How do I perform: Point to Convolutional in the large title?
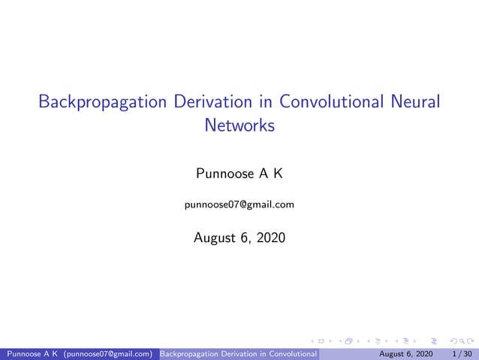point(330,101)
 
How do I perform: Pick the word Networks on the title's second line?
point(239,126)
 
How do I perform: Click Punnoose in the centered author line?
point(222,175)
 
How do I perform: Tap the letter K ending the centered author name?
point(277,175)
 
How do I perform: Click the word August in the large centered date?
point(215,238)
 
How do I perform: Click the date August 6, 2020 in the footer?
point(405,353)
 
